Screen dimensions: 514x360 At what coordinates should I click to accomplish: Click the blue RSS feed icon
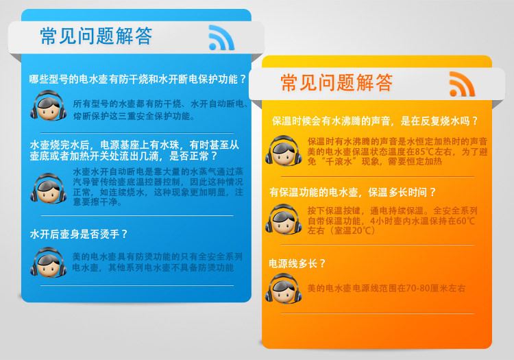pyautogui.click(x=221, y=38)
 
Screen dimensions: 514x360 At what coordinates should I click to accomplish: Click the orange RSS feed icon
pyautogui.click(x=462, y=84)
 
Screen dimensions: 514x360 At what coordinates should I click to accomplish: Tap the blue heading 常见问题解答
pyautogui.click(x=96, y=36)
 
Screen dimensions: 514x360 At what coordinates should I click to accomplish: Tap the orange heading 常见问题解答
pyautogui.click(x=336, y=82)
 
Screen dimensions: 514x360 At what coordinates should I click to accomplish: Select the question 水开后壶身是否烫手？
pyautogui.click(x=79, y=234)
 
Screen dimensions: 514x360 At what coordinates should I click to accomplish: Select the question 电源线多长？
pyautogui.click(x=297, y=263)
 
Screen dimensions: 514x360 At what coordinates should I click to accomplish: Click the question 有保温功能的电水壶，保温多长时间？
pyautogui.click(x=353, y=192)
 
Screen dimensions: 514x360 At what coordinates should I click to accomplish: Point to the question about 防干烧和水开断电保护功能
pyautogui.click(x=138, y=79)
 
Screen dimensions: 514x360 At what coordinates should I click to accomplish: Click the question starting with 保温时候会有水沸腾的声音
pyautogui.click(x=376, y=121)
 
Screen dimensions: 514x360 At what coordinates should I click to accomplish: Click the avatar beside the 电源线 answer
pyautogui.click(x=284, y=289)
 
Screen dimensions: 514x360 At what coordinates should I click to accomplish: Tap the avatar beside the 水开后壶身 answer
pyautogui.click(x=49, y=263)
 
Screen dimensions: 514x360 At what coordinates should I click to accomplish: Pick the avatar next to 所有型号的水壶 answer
pyautogui.click(x=49, y=106)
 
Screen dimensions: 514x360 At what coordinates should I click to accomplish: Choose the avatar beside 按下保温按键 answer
pyautogui.click(x=284, y=219)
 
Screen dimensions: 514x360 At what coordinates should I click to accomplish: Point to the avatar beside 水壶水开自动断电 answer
pyautogui.click(x=49, y=189)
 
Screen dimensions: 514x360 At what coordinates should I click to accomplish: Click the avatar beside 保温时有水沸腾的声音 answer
pyautogui.click(x=284, y=151)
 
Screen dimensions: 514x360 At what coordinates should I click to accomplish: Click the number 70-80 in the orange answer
pyautogui.click(x=418, y=288)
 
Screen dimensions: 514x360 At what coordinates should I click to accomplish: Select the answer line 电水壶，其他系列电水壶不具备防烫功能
pyautogui.click(x=153, y=267)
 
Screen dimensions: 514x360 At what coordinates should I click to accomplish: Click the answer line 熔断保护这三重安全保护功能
pyautogui.click(x=134, y=116)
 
